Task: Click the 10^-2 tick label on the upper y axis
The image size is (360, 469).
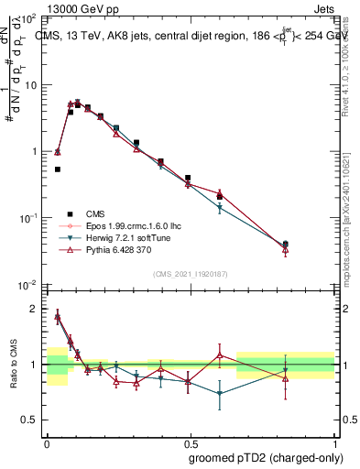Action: pyautogui.click(x=28, y=285)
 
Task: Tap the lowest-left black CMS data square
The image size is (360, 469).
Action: pyautogui.click(x=58, y=169)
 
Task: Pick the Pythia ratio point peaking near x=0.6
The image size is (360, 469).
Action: pyautogui.click(x=220, y=354)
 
